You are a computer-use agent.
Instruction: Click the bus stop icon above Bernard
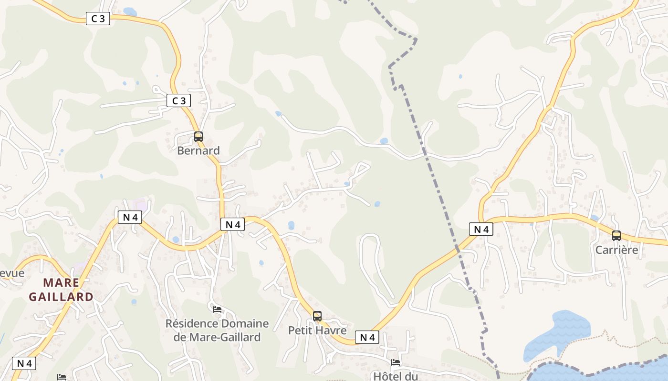click(x=198, y=137)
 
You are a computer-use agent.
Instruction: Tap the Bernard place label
click(x=198, y=150)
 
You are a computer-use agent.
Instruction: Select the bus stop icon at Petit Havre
click(x=317, y=316)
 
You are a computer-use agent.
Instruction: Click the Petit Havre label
click(x=317, y=330)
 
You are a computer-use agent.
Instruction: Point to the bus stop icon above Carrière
click(x=616, y=235)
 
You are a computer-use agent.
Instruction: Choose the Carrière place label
click(x=616, y=250)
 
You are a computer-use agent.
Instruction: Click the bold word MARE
click(x=61, y=282)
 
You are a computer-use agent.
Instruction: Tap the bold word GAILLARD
click(x=61, y=297)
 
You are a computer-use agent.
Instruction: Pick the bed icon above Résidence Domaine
click(x=217, y=310)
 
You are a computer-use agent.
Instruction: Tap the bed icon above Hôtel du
click(x=396, y=362)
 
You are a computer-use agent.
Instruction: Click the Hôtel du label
click(x=396, y=376)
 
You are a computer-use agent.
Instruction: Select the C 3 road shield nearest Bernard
click(x=179, y=100)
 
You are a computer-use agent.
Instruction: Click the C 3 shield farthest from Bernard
click(x=98, y=19)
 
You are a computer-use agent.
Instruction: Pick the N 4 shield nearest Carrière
click(x=481, y=229)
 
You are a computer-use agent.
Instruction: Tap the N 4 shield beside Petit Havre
click(x=367, y=337)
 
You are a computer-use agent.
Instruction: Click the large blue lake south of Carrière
click(x=558, y=333)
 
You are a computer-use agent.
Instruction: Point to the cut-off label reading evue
click(x=12, y=273)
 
